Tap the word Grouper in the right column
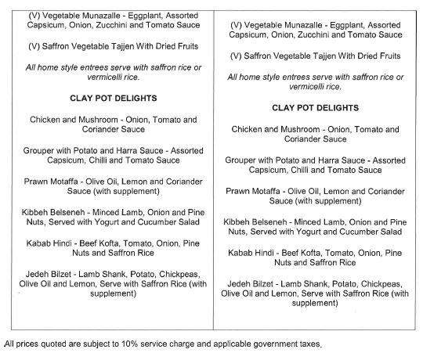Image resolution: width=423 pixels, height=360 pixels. [244, 160]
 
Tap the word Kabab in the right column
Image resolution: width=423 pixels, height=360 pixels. [244, 253]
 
